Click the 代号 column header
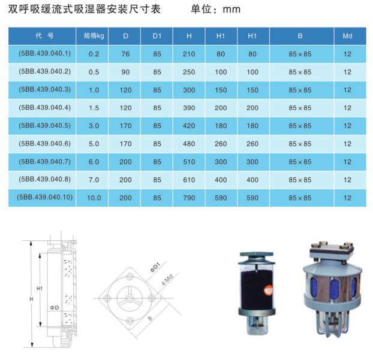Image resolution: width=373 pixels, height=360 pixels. click(45, 36)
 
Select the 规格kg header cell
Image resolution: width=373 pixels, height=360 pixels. click(94, 36)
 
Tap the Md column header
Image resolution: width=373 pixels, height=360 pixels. click(347, 36)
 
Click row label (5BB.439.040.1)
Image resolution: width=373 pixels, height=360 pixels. click(45, 54)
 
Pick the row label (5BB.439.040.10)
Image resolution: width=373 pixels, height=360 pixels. click(45, 197)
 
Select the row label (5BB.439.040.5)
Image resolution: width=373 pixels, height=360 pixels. click(45, 125)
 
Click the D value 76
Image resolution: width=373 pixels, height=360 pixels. click(125, 54)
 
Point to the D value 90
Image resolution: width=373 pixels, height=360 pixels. click(125, 72)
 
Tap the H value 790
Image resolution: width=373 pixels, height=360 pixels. click(189, 198)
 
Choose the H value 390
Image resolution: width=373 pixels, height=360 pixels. click(189, 108)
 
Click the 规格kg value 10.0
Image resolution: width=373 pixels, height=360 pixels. click(94, 198)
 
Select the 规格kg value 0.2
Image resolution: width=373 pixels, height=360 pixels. click(94, 54)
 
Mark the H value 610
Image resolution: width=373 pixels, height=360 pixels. click(189, 180)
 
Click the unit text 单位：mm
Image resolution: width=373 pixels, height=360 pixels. click(215, 9)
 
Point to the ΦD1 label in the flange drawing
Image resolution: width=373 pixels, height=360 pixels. click(154, 267)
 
